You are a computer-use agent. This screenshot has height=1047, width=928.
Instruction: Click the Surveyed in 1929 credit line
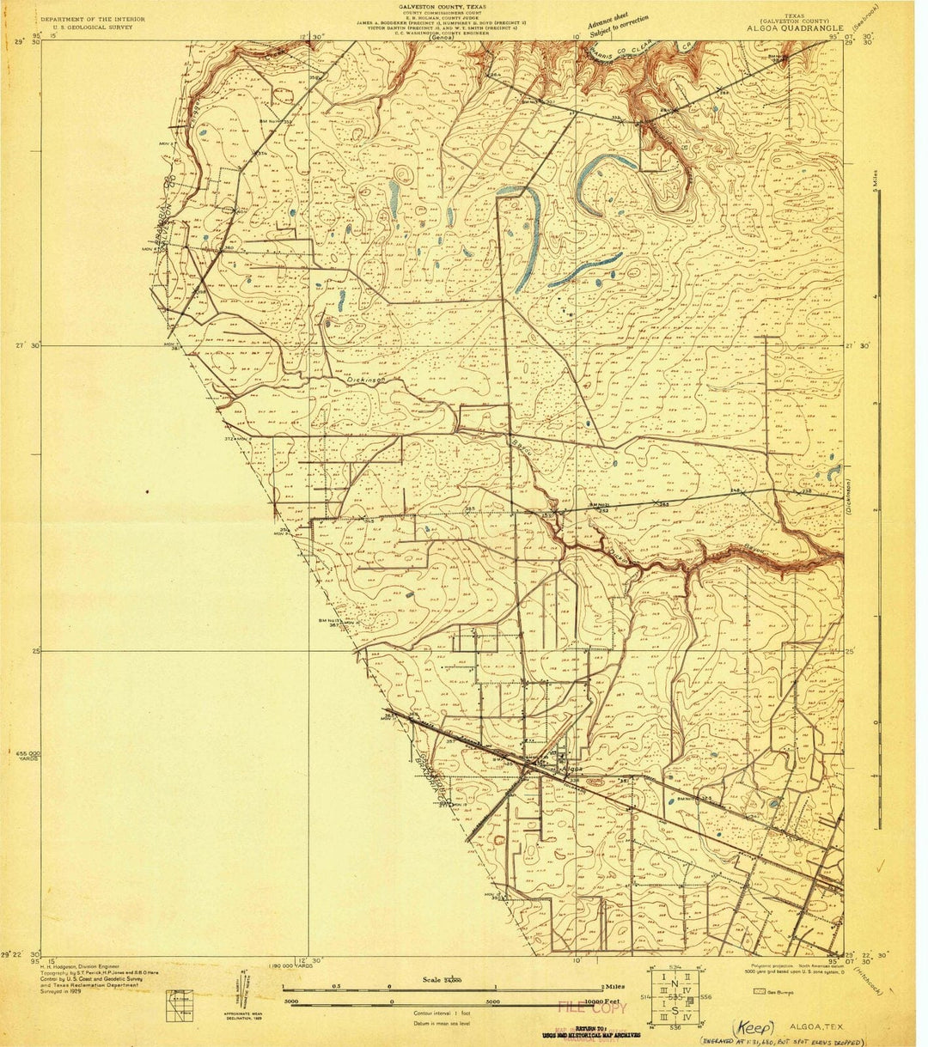coord(65,990)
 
